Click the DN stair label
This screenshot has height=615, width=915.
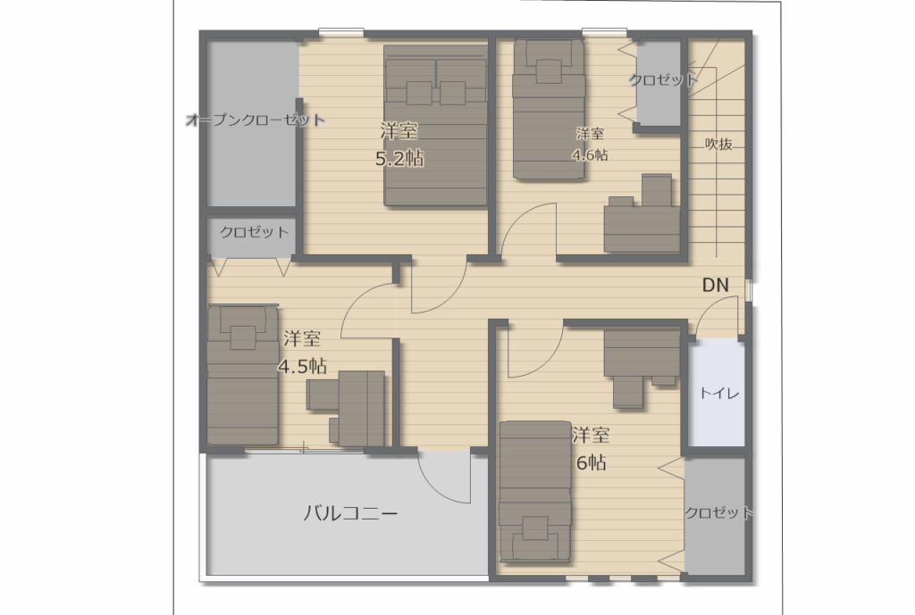716,285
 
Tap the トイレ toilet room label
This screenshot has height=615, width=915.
719,394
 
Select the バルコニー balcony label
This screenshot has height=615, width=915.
350,513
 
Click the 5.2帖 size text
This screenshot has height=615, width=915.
399,159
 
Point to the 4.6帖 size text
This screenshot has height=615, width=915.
590,155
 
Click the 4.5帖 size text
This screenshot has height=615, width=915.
302,366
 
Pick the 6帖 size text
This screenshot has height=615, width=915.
591,462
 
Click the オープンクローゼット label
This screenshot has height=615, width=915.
255,121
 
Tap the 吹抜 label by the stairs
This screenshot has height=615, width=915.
719,144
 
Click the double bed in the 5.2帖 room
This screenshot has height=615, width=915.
435,126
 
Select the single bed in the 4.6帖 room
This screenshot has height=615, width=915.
549,110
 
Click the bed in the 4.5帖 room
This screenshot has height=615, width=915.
243,376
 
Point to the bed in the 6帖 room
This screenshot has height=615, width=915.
535,492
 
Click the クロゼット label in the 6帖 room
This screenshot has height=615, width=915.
719,513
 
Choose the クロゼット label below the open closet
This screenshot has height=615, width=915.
255,232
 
